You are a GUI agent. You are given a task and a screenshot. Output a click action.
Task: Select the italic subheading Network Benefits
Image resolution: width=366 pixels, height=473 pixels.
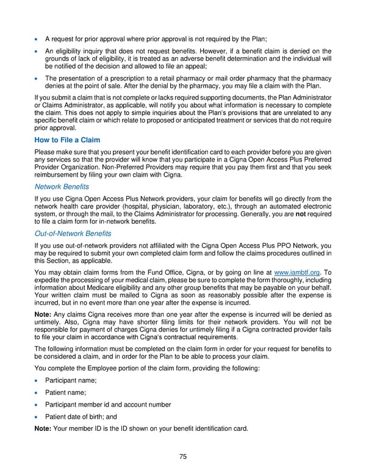click(x=62, y=187)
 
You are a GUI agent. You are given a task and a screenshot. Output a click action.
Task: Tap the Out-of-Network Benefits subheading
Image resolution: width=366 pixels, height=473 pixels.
click(x=70, y=233)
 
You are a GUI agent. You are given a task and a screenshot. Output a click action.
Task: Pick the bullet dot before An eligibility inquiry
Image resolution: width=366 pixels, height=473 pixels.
click(x=39, y=51)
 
